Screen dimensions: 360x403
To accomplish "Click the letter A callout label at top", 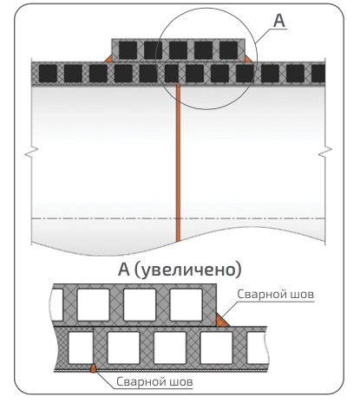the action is [x=279, y=21].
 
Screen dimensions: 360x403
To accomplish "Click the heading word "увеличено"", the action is [x=189, y=270].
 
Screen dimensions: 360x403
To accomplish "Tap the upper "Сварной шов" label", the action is [x=275, y=295].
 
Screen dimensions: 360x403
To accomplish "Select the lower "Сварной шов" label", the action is [x=154, y=381].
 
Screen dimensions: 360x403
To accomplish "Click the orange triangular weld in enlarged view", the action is [x=221, y=321].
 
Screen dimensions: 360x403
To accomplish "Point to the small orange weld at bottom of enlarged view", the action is [x=93, y=368].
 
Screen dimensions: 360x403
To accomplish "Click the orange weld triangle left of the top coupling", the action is [x=108, y=59].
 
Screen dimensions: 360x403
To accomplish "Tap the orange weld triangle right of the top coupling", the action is [x=248, y=59].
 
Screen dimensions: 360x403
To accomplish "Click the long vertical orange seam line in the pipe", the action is [x=178, y=162].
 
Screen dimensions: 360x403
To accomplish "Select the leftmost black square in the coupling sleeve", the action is [x=128, y=50].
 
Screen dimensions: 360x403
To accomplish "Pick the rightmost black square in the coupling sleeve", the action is [x=228, y=50].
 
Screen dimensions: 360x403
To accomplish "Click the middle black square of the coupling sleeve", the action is [x=178, y=50].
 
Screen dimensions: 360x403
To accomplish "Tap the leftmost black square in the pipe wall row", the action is [x=48, y=74].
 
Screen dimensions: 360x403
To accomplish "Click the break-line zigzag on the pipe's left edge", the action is [x=31, y=152].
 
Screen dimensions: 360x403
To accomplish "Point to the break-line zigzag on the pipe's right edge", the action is [x=325, y=152].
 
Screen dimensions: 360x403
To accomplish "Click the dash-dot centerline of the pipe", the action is [x=178, y=218].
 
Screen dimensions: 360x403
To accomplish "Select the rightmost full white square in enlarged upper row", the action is [x=186, y=305].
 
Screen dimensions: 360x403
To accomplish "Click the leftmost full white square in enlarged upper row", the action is [x=94, y=305].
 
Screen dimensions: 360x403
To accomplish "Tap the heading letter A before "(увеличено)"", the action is [x=124, y=270].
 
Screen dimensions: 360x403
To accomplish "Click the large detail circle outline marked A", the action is [x=257, y=59].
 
